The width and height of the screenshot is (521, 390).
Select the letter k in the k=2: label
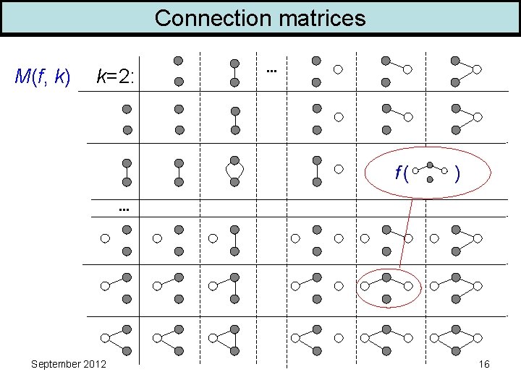pyautogui.click(x=102, y=76)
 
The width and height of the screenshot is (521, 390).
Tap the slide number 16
pyautogui.click(x=484, y=364)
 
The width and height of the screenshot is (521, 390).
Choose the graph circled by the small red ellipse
pyautogui.click(x=389, y=287)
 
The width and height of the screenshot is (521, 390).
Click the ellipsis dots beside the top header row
pyautogui.click(x=271, y=71)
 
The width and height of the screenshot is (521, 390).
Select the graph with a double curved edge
pyautogui.click(x=234, y=170)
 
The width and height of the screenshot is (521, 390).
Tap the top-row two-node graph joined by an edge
pyautogui.click(x=234, y=71)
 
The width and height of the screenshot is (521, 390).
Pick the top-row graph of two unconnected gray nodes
pyautogui.click(x=178, y=71)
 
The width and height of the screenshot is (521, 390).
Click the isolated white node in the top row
pyautogui.click(x=337, y=71)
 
